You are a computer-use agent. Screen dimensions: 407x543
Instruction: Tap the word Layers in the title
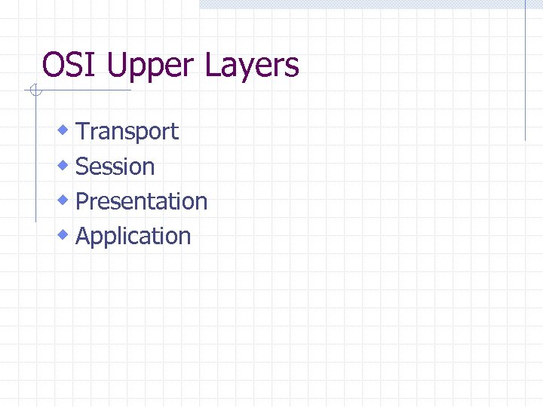coord(251,67)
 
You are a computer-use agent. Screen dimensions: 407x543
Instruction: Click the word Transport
coord(127,132)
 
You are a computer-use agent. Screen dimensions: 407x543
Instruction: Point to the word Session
coord(115,167)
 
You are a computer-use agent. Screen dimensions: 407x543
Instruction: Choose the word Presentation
coord(142,201)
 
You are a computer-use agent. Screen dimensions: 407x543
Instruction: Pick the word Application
coord(133,237)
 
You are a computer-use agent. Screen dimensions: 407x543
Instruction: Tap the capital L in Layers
coord(211,66)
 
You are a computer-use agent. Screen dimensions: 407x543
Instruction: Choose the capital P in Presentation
coord(83,201)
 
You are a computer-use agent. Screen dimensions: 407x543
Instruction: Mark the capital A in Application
coord(84,236)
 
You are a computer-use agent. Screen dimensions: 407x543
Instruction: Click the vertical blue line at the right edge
coord(525,72)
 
